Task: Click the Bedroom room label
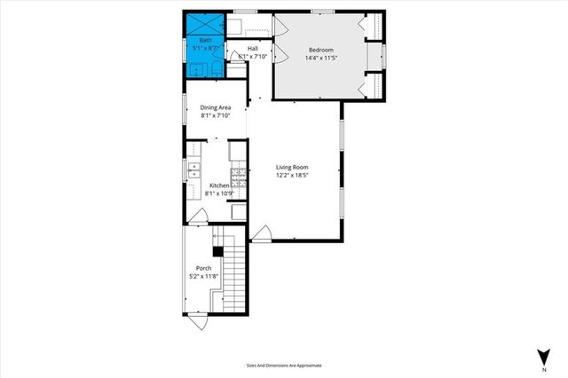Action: pyautogui.click(x=321, y=49)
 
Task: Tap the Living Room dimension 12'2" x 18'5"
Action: pyautogui.click(x=291, y=176)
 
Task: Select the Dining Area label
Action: pyautogui.click(x=216, y=107)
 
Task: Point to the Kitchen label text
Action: pyautogui.click(x=218, y=185)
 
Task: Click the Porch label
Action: pyautogui.click(x=203, y=269)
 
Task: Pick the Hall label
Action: pyautogui.click(x=253, y=48)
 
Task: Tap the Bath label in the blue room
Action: pyautogui.click(x=205, y=41)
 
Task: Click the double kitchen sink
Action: pyautogui.click(x=193, y=169)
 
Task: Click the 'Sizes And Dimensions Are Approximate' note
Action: pyautogui.click(x=284, y=366)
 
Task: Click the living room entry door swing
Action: pyautogui.click(x=261, y=233)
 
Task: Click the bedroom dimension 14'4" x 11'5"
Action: pyautogui.click(x=320, y=58)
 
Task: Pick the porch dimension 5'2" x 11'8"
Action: pyautogui.click(x=203, y=277)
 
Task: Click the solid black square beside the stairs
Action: pyautogui.click(x=217, y=250)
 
